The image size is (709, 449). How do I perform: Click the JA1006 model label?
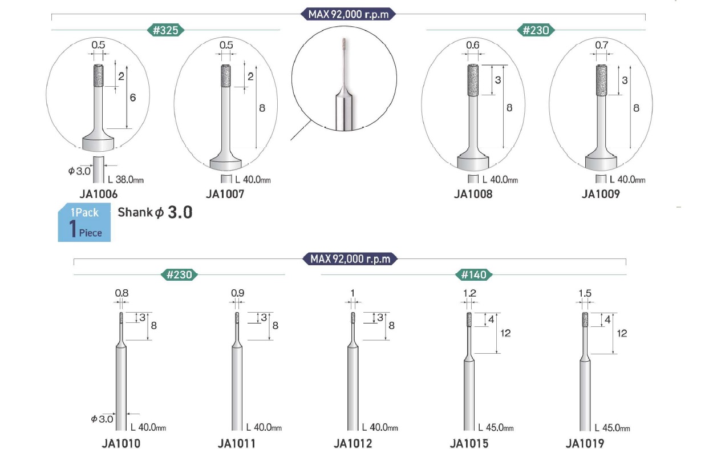tap(99, 194)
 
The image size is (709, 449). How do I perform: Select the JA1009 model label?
tap(601, 194)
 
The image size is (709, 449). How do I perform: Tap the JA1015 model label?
tap(469, 443)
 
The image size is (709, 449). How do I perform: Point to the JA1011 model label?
tap(237, 443)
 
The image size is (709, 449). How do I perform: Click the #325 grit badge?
tap(166, 30)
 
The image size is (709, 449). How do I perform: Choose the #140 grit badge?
tap(473, 274)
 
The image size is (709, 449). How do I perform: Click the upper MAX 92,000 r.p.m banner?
tap(348, 14)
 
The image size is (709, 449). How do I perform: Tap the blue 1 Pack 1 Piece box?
tap(84, 223)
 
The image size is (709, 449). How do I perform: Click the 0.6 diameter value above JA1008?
tap(472, 45)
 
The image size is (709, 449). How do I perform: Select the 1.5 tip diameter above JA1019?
tap(585, 293)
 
